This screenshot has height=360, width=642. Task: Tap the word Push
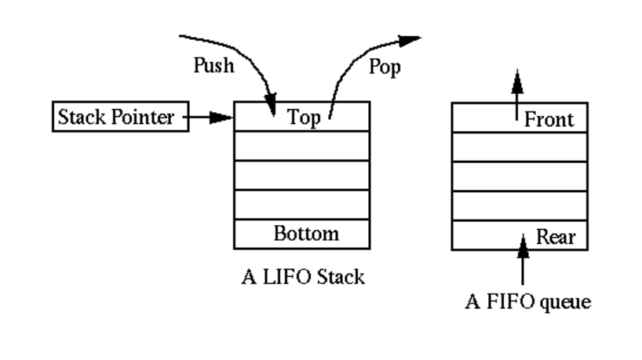coord(213,66)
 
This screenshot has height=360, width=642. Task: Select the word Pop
coord(384,67)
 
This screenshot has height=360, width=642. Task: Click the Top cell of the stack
coord(302,117)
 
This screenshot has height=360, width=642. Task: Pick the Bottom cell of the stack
coord(302,234)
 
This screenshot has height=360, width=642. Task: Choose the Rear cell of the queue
coord(519,235)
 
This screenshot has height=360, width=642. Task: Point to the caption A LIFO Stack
coord(302,277)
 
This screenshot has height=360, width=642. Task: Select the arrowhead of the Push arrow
coord(272,105)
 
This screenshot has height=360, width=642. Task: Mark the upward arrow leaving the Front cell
coord(516,86)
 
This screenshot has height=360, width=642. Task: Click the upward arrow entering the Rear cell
coord(522,259)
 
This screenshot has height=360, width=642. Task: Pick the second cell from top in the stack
coord(302,146)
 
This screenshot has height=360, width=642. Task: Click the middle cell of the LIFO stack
coord(302,176)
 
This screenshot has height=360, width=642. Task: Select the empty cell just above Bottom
coord(302,205)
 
